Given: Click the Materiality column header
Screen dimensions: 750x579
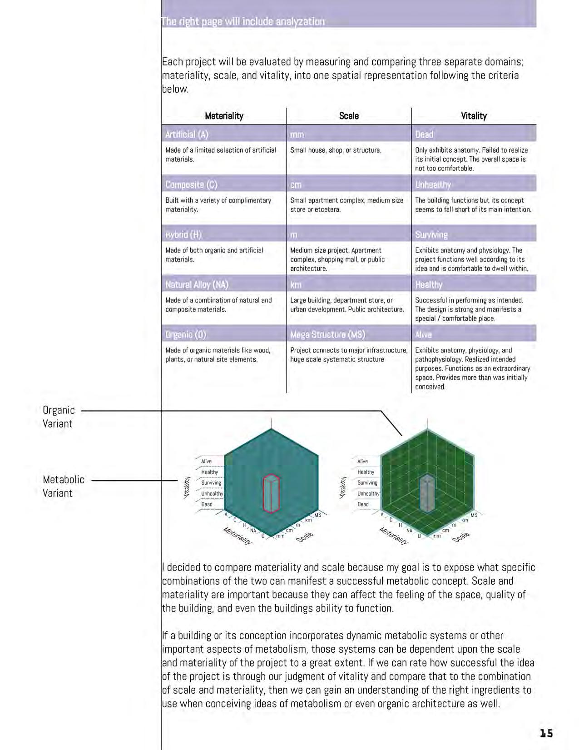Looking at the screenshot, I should pyautogui.click(x=224, y=116).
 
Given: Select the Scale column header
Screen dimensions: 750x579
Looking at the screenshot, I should pyautogui.click(x=349, y=116).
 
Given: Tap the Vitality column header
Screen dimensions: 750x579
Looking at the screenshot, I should pyautogui.click(x=474, y=116).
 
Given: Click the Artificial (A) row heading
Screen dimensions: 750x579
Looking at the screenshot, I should pyautogui.click(x=187, y=134).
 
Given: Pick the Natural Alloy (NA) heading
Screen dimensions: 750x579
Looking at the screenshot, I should pyautogui.click(x=197, y=285).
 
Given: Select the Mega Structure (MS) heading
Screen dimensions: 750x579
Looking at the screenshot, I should pyautogui.click(x=327, y=335).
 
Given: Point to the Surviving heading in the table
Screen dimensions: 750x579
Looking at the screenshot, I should pyautogui.click(x=431, y=235).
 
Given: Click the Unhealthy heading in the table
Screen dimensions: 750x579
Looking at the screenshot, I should pyautogui.click(x=433, y=185).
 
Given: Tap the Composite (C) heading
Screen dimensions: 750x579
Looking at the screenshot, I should pyautogui.click(x=191, y=185).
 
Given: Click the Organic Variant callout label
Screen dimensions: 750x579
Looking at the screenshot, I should pyautogui.click(x=59, y=417).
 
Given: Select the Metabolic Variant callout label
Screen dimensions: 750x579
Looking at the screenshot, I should pyautogui.click(x=64, y=486).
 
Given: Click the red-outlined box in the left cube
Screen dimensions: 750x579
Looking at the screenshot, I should pyautogui.click(x=271, y=493).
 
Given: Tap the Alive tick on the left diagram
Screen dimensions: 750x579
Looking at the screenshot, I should pyautogui.click(x=207, y=461).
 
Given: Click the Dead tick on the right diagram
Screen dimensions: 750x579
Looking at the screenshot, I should pyautogui.click(x=363, y=504).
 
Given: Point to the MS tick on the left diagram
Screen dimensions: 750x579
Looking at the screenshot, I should pyautogui.click(x=318, y=515).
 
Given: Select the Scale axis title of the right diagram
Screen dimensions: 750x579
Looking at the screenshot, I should pyautogui.click(x=461, y=536).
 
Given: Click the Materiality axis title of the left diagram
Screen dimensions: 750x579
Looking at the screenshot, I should pyautogui.click(x=237, y=536).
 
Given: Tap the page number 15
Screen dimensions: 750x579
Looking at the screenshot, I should pyautogui.click(x=546, y=733).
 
